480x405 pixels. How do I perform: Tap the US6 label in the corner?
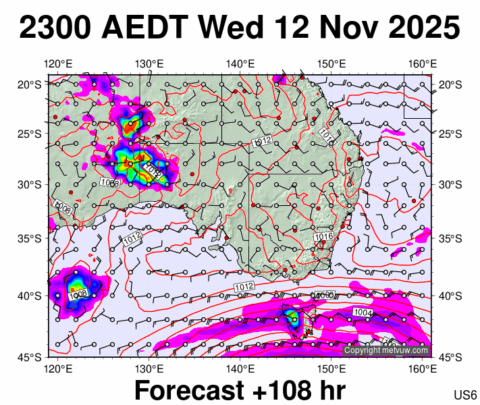466,394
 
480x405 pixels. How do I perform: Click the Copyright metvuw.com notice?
386,350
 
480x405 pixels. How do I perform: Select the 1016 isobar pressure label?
324,237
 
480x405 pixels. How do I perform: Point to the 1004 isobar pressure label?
362,312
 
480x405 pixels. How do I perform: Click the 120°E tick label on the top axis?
58,64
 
